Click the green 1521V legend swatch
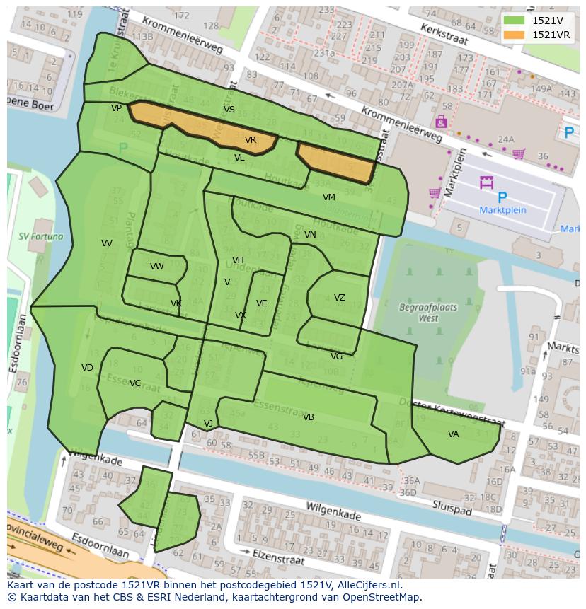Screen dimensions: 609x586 515,21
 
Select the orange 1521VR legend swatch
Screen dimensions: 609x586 515,35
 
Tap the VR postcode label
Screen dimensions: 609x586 251,140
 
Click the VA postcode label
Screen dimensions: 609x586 454,434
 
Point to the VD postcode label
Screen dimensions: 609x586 87,368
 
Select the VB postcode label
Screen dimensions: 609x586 309,417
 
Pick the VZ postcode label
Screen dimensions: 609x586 340,298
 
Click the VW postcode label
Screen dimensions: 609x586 156,267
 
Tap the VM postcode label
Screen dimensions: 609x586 329,197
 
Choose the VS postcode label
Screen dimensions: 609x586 229,110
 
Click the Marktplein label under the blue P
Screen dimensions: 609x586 502,210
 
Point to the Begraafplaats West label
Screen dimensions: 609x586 428,313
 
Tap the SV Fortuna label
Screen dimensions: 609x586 41,236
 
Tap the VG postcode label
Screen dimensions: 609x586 336,356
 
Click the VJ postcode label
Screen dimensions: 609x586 208,424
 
